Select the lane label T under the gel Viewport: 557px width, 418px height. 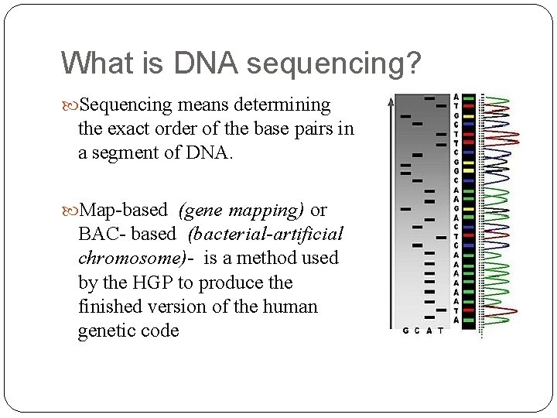[x=441, y=332]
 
